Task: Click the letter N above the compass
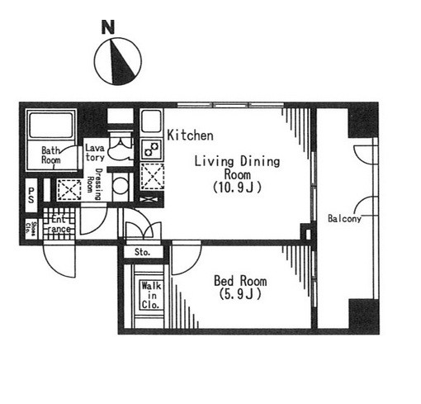coord(108,27)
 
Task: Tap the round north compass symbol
coord(118,61)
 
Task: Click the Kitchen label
coord(191,135)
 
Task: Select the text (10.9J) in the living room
coord(237,188)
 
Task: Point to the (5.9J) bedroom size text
coord(240,294)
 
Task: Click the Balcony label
coord(344,219)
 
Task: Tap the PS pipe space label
coord(31,195)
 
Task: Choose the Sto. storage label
coord(143,252)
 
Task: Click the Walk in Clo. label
coord(151,295)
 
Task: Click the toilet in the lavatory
coord(121,146)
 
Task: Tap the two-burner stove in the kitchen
coord(152,149)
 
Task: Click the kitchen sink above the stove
coord(151,121)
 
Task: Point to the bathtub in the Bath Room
coord(50,125)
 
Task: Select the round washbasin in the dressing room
coord(121,186)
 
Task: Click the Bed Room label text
coord(240,281)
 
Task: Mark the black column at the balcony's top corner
coord(362,120)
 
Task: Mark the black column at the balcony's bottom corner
coord(363,316)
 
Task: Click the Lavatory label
coord(95,153)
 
